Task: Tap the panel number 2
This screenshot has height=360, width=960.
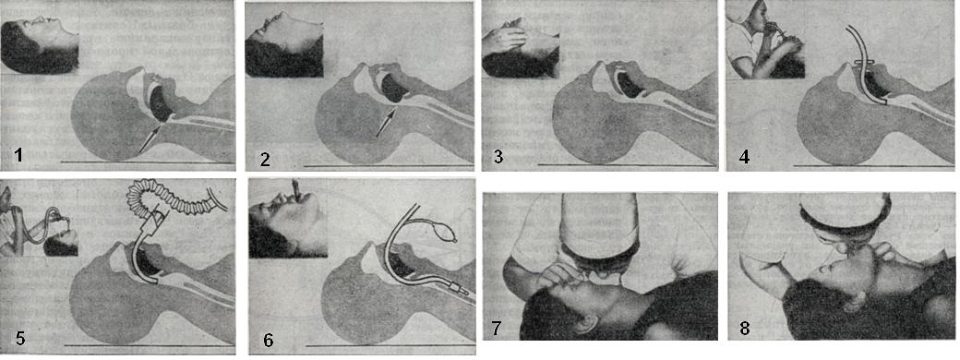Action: click(x=265, y=160)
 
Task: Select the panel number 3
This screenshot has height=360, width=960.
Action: click(x=499, y=157)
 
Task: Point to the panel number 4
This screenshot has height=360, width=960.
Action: click(x=744, y=157)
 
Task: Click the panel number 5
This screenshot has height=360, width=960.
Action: click(x=20, y=337)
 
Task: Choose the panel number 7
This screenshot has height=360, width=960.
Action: click(x=498, y=329)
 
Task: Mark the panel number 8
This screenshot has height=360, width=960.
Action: click(x=745, y=329)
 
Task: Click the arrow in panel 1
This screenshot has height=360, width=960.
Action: click(x=150, y=138)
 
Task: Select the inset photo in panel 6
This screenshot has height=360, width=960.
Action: click(x=288, y=218)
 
